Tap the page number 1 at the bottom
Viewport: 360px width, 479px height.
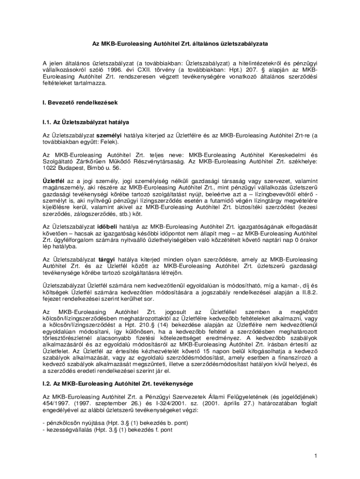tap(316, 456)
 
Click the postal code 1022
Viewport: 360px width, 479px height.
tap(50, 167)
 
